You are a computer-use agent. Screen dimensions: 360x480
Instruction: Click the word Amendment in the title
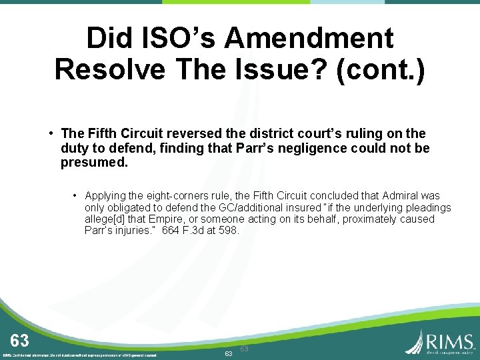309,39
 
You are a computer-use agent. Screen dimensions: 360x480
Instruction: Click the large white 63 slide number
19,341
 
